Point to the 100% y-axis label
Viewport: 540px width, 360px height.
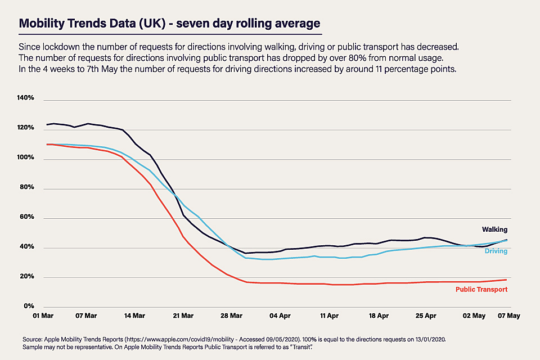[25, 158]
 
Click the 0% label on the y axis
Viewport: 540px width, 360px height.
[28, 306]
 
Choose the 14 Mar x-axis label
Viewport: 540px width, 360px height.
[134, 316]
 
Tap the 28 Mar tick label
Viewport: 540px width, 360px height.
[228, 316]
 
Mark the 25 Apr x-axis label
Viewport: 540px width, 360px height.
[426, 316]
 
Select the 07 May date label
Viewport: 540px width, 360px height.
[509, 316]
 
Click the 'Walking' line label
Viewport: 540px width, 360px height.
[494, 229]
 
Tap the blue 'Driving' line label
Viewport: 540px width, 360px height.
[496, 251]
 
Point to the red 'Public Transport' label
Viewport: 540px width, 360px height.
[481, 289]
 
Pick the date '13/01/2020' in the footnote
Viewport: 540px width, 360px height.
[427, 340]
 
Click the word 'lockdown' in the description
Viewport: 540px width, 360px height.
[58, 47]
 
